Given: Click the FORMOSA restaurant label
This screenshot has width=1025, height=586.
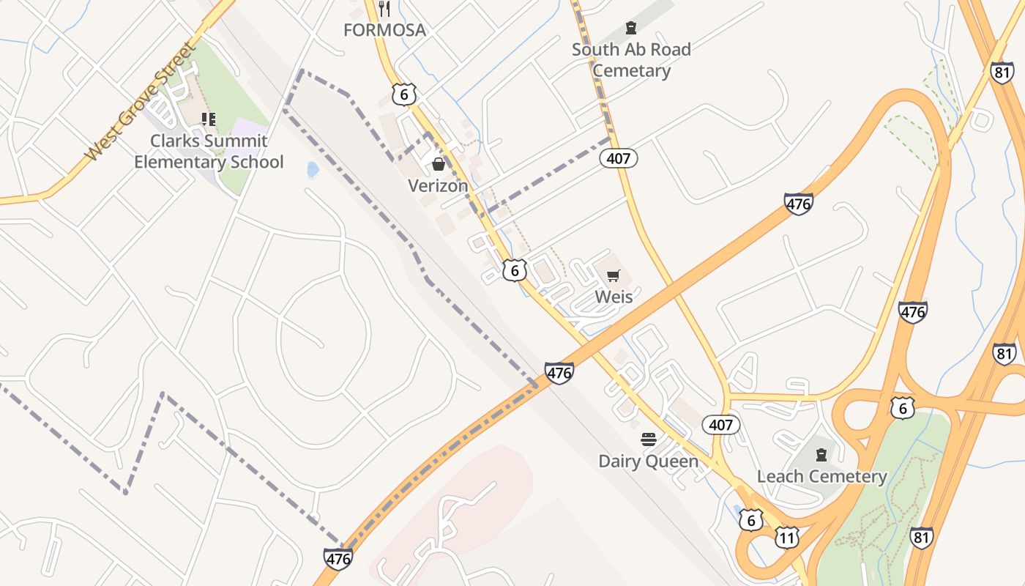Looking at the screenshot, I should (x=384, y=30).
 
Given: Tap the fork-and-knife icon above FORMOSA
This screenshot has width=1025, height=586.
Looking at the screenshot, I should (x=384, y=9).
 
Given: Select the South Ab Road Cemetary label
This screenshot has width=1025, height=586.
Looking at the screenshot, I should (x=631, y=60).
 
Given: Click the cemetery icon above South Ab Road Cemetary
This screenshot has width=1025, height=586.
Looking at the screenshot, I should (x=630, y=29).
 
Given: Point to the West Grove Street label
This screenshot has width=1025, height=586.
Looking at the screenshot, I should (x=141, y=102).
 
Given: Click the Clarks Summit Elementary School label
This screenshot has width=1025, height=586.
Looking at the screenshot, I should (x=209, y=152).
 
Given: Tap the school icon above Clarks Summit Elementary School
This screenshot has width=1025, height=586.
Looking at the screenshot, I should (x=209, y=119).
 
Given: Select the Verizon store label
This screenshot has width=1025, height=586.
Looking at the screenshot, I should (x=438, y=185).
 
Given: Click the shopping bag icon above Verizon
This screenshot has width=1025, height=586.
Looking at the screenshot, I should (x=438, y=163).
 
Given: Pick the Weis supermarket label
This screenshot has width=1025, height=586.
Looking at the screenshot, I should (x=614, y=297).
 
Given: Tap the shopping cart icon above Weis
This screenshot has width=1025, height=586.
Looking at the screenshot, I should (x=613, y=275).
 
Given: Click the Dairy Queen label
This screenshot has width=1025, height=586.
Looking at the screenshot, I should (x=648, y=461).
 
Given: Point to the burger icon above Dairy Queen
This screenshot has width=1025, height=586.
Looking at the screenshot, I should (x=648, y=439).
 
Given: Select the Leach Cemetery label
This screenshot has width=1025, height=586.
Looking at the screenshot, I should (x=821, y=476).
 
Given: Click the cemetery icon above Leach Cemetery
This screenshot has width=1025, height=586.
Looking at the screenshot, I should (x=821, y=454).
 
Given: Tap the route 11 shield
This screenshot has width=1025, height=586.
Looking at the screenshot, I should (x=786, y=538).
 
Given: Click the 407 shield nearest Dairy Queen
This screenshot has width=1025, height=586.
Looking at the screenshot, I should (x=721, y=424).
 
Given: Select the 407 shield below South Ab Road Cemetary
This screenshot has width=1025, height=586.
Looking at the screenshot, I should (x=619, y=157).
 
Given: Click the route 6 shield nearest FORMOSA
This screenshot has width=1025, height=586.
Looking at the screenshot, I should (x=403, y=94).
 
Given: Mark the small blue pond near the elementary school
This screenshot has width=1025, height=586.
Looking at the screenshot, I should (x=313, y=170).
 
